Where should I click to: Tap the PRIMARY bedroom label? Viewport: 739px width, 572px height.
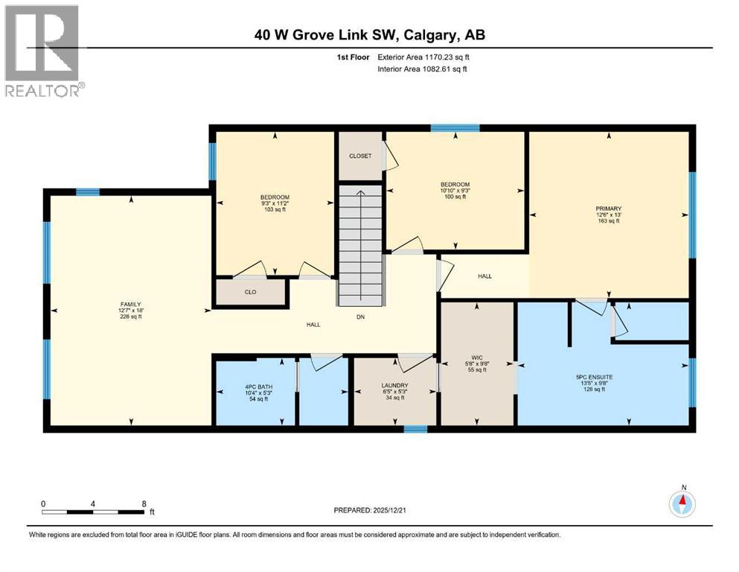[x=612, y=209]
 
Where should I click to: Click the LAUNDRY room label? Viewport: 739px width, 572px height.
[x=394, y=385]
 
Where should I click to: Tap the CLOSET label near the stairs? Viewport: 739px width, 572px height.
[x=360, y=156]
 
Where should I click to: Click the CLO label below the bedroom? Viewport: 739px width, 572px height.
[x=251, y=292]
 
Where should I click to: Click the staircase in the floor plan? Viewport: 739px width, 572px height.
[x=361, y=246]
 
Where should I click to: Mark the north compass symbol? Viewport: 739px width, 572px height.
[x=682, y=503]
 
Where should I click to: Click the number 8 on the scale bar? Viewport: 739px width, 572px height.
[x=144, y=503]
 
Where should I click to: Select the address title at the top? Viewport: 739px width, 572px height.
[x=370, y=35]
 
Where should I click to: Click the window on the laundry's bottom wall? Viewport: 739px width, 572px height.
[x=415, y=429]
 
